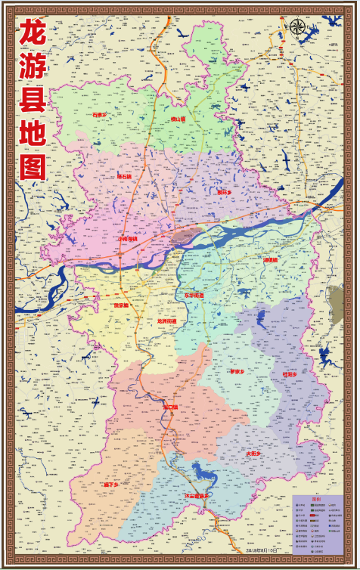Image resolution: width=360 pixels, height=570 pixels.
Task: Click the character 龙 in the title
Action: [x=33, y=34]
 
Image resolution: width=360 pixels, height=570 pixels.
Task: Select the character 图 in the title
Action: [x=33, y=165]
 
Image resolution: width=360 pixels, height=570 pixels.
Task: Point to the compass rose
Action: [x=298, y=28]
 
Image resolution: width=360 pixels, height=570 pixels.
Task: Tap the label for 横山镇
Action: [x=178, y=119]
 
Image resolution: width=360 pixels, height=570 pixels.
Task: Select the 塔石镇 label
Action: [x=125, y=176]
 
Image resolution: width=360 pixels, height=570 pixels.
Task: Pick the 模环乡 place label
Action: [x=224, y=192]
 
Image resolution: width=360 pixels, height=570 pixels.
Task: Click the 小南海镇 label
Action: [x=128, y=238]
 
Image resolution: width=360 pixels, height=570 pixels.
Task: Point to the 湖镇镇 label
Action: [x=271, y=259]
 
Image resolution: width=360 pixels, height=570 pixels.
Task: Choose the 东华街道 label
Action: [x=194, y=295]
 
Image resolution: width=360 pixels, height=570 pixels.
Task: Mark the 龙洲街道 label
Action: [x=166, y=321]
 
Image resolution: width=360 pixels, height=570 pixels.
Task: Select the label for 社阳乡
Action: [x=290, y=373]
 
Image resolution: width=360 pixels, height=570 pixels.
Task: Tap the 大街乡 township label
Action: [x=253, y=454]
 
